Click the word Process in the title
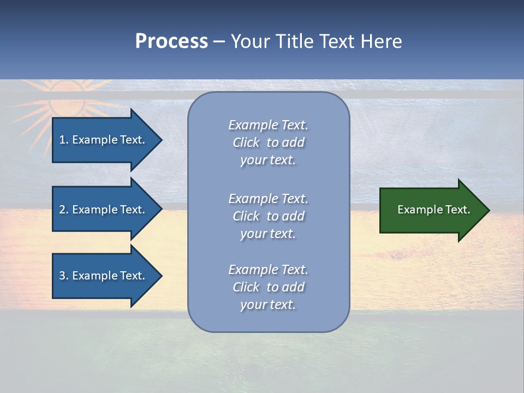pyautogui.click(x=171, y=41)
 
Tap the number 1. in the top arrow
pyautogui.click(x=64, y=140)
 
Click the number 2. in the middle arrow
pyautogui.click(x=64, y=210)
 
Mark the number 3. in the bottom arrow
pyautogui.click(x=64, y=276)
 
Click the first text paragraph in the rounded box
pyautogui.click(x=268, y=142)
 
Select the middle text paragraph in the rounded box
pyautogui.click(x=268, y=216)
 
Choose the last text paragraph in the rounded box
pyautogui.click(x=268, y=287)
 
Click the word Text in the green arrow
pyautogui.click(x=458, y=210)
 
